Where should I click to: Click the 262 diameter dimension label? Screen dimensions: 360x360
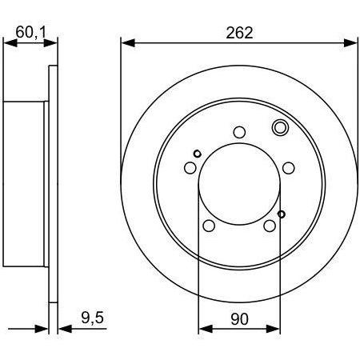pyautogui.click(x=239, y=33)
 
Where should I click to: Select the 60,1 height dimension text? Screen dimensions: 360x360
pyautogui.click(x=31, y=32)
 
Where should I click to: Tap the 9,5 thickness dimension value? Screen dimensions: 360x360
pyautogui.click(x=92, y=318)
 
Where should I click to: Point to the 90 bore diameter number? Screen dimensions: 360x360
pyautogui.click(x=239, y=319)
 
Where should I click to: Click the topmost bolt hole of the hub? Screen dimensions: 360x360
pyautogui.click(x=239, y=132)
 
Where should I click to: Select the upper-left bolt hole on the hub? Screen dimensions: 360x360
pyautogui.click(x=190, y=168)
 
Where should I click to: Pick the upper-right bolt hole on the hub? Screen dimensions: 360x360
pyautogui.click(x=289, y=168)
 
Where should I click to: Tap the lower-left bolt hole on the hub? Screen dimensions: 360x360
pyautogui.click(x=209, y=226)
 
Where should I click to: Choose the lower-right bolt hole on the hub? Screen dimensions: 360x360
pyautogui.click(x=270, y=226)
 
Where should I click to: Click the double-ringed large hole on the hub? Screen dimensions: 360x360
pyautogui.click(x=280, y=127)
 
